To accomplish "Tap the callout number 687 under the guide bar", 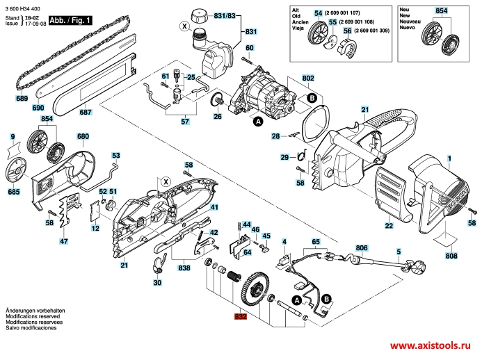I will pyautogui.click(x=85, y=112).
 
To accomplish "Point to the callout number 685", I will pyautogui.click(x=13, y=191).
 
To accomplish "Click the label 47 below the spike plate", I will pyautogui.click(x=63, y=241).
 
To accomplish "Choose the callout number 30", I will pyautogui.click(x=157, y=283).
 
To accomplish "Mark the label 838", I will pyautogui.click(x=184, y=268).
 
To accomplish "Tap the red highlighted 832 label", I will pyautogui.click(x=241, y=318).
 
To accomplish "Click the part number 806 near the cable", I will pyautogui.click(x=362, y=248).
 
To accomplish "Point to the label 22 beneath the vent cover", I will pyautogui.click(x=389, y=226).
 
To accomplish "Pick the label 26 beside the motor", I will pyautogui.click(x=217, y=116).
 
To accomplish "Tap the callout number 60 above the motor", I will pyautogui.click(x=250, y=47).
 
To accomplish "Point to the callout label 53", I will pyautogui.click(x=116, y=156).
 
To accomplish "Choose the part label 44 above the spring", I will pyautogui.click(x=246, y=224).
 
